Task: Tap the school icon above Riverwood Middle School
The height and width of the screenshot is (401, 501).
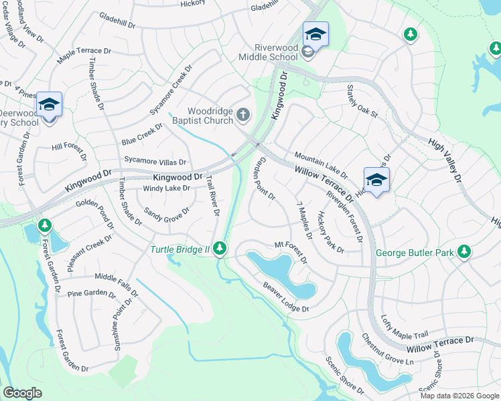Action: (315, 33)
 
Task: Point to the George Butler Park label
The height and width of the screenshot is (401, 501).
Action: (415, 253)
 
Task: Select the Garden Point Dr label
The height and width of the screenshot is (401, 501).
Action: (263, 178)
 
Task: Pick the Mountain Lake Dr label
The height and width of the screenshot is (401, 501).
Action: (320, 164)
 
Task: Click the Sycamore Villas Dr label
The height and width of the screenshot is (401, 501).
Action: (155, 161)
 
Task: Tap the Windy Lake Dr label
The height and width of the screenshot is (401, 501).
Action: (167, 188)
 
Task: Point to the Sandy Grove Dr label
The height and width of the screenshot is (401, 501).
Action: (167, 215)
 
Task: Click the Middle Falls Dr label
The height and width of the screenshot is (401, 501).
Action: (117, 284)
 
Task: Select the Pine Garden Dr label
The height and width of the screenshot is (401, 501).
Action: (92, 293)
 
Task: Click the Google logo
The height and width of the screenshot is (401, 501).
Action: (22, 393)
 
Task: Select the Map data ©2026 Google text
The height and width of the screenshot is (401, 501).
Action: (459, 395)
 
